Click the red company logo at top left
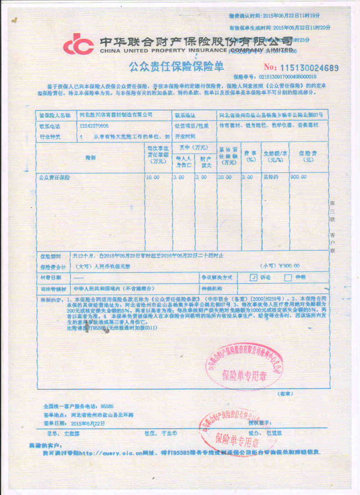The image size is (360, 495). tap(78, 44)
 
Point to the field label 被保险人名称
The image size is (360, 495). tap(55, 116)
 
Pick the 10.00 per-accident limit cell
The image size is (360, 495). tap(153, 178)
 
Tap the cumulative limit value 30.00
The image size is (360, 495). tap(224, 178)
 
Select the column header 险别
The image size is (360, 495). tap(90, 158)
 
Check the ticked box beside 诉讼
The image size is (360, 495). tap(253, 277)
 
